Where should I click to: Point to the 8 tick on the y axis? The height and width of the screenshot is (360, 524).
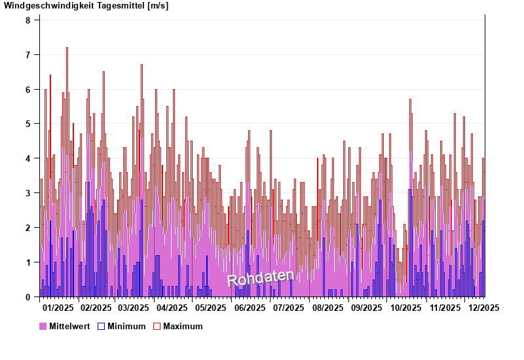(28, 20)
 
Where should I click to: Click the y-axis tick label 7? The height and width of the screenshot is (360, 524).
(28, 55)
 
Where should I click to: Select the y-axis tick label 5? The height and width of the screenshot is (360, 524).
(28, 124)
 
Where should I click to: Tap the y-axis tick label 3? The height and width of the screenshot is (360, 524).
(28, 193)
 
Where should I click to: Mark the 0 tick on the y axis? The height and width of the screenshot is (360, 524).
(28, 297)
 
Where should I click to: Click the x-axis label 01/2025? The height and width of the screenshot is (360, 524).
(58, 307)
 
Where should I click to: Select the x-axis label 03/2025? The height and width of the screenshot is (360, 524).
(133, 307)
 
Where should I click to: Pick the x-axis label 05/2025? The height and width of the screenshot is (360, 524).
(210, 307)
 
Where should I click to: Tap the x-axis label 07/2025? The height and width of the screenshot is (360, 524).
(288, 307)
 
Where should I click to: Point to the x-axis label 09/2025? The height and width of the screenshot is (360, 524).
(367, 307)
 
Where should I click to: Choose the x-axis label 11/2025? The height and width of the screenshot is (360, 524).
(445, 307)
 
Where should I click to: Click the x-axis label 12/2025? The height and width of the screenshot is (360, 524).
(483, 307)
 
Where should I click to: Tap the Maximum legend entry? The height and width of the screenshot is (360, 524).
(183, 326)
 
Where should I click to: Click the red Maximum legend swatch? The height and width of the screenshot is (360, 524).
(157, 326)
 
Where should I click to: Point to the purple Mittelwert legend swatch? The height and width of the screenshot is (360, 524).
(43, 326)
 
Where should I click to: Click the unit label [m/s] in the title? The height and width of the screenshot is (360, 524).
(158, 6)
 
